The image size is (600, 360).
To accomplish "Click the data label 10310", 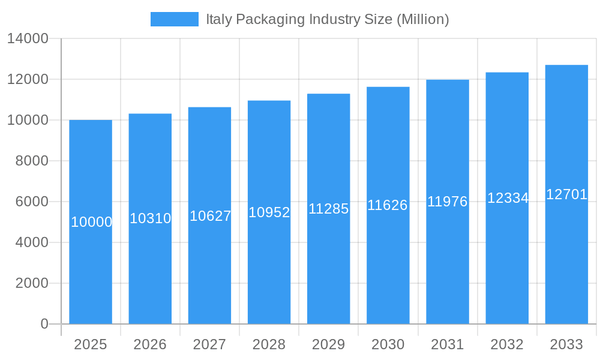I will pyautogui.click(x=151, y=218).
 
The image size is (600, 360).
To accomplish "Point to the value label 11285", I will pyautogui.click(x=329, y=209).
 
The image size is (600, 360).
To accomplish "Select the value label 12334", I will pyautogui.click(x=508, y=198).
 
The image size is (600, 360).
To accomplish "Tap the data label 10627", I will pyautogui.click(x=210, y=216).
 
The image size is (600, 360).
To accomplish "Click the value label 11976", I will pyautogui.click(x=448, y=202).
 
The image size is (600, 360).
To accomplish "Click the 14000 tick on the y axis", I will pyautogui.click(x=28, y=38).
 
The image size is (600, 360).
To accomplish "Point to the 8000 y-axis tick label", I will pyautogui.click(x=31, y=161).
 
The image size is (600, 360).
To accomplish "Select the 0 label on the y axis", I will pyautogui.click(x=44, y=324).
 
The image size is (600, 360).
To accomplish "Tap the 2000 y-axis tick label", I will pyautogui.click(x=31, y=283).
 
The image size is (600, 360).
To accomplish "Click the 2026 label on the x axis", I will pyautogui.click(x=150, y=344).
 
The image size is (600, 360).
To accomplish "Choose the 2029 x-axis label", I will pyautogui.click(x=329, y=344).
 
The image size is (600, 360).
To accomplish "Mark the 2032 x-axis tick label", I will pyautogui.click(x=507, y=344).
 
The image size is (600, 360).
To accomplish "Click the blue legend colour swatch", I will pyautogui.click(x=174, y=19).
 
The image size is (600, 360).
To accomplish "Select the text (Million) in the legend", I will pyautogui.click(x=422, y=19).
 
